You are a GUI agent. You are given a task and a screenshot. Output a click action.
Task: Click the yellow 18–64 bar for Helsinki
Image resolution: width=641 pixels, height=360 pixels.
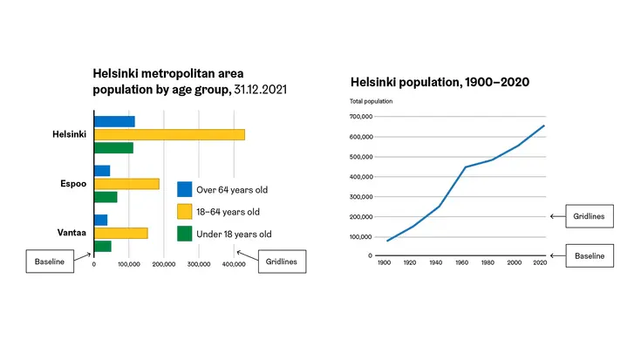click(x=170, y=135)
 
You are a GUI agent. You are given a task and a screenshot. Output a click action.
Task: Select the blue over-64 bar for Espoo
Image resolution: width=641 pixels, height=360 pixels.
click(x=102, y=171)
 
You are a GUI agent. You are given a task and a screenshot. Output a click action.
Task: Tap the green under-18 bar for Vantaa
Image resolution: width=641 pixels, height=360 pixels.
click(x=103, y=247)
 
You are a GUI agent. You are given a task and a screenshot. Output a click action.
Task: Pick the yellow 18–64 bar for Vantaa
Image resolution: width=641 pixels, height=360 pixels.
click(x=121, y=234)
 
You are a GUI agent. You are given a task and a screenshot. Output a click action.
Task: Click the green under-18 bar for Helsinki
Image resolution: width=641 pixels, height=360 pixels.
click(x=113, y=148)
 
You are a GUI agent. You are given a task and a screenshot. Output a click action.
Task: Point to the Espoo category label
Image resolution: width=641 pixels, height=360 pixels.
click(x=73, y=183)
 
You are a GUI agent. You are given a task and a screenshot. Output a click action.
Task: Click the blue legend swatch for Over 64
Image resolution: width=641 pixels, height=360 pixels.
click(x=184, y=189)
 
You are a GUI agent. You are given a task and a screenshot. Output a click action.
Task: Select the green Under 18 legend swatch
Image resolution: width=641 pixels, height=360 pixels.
click(x=184, y=234)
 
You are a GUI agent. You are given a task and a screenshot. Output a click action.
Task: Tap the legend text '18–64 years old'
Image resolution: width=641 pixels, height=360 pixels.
click(x=228, y=212)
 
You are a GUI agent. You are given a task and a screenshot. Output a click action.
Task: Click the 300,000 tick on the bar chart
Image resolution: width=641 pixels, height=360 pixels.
click(x=199, y=264)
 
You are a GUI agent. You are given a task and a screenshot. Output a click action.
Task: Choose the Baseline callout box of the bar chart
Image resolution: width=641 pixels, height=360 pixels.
click(x=50, y=262)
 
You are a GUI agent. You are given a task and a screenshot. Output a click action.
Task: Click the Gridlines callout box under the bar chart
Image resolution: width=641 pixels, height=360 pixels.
click(x=282, y=262)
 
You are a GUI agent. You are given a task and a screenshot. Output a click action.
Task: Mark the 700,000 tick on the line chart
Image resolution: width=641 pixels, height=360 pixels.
click(x=361, y=117)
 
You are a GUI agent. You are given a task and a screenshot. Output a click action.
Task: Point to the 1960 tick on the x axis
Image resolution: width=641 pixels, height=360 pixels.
click(x=461, y=262)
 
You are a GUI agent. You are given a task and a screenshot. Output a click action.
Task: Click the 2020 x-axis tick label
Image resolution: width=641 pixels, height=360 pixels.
click(x=540, y=262)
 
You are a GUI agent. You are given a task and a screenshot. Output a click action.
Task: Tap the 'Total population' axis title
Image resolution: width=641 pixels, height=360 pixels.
click(x=371, y=101)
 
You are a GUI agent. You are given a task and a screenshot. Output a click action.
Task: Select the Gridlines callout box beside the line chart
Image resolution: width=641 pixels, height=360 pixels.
click(x=590, y=216)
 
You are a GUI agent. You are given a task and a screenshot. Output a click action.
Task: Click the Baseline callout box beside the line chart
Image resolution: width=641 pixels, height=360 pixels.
click(x=590, y=255)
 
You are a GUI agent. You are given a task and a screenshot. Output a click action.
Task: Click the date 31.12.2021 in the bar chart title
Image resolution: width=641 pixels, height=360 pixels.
click(x=260, y=90)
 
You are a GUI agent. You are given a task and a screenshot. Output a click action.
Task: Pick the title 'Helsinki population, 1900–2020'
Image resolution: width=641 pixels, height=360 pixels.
click(x=440, y=82)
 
